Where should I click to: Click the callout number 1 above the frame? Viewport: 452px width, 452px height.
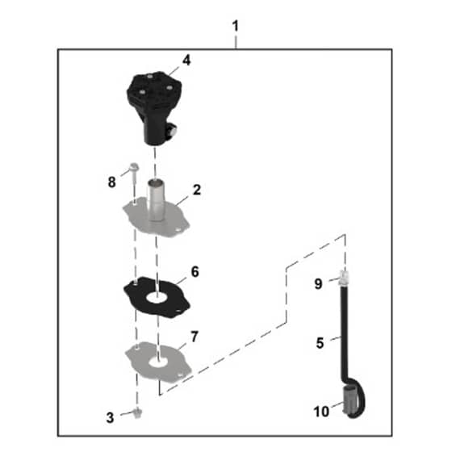tap(236, 26)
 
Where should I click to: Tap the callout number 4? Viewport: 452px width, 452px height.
tap(186, 61)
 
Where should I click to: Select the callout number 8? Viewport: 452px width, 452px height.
tap(112, 182)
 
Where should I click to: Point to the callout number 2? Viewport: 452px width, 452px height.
tap(197, 190)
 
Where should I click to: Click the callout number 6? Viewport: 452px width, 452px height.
tap(195, 272)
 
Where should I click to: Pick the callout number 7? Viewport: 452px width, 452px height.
tap(195, 337)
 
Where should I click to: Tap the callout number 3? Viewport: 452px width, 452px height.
tap(110, 418)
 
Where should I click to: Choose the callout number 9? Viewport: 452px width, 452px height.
tap(318, 284)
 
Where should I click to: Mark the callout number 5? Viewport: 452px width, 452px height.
tap(320, 343)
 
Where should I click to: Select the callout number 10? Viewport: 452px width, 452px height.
tap(321, 412)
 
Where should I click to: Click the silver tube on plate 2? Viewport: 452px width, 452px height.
tap(156, 200)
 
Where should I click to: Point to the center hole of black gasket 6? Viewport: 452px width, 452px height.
tap(157, 298)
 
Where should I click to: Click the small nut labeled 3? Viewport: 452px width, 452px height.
tap(138, 413)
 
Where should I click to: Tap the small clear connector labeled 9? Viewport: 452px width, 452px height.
tap(344, 278)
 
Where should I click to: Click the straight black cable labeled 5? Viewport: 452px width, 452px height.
tap(344, 332)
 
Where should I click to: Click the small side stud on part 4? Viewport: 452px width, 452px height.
tap(174, 129)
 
